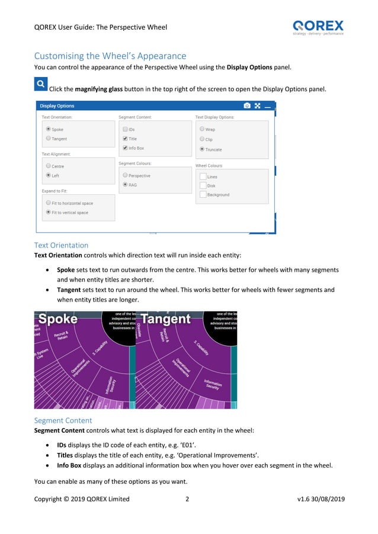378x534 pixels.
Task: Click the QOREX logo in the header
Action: (x=318, y=27)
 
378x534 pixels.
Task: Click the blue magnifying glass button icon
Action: (x=40, y=85)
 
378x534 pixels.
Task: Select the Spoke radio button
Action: (x=48, y=129)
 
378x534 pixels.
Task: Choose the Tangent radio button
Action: (x=48, y=139)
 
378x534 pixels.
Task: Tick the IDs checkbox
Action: (x=125, y=129)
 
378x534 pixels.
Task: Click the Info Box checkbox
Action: (x=125, y=148)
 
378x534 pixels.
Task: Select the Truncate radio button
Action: (x=202, y=149)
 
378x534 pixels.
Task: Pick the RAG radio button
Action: (x=125, y=185)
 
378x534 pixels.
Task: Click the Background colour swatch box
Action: (x=203, y=194)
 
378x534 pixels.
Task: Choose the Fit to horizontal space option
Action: (x=48, y=203)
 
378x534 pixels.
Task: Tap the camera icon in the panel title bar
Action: (x=246, y=106)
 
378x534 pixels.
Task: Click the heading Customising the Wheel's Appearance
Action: (x=110, y=56)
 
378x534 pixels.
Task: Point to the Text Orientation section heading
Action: (x=61, y=245)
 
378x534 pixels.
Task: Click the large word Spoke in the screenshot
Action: (x=58, y=319)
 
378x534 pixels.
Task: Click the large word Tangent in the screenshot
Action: (x=166, y=319)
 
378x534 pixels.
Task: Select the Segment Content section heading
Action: (x=63, y=420)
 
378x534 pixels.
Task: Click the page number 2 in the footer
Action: (x=187, y=499)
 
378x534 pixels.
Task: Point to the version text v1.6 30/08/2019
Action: (x=321, y=499)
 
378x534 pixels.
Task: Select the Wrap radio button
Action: (x=202, y=129)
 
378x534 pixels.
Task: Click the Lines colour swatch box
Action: (x=203, y=176)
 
